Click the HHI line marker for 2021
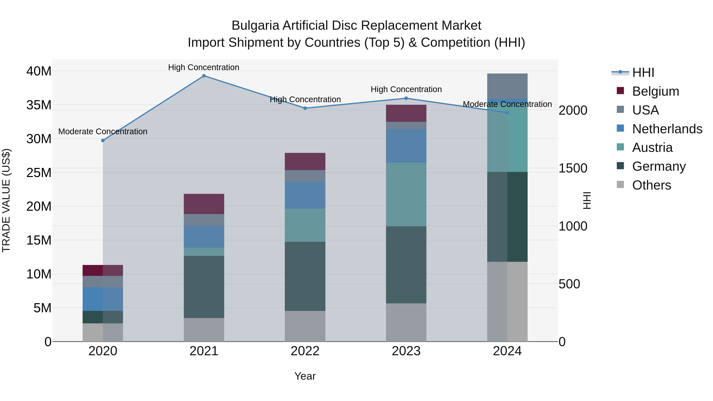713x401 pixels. tap(204, 76)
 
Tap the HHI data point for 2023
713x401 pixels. tap(406, 98)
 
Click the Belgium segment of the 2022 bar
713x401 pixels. tap(305, 161)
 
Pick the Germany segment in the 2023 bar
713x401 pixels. tap(406, 265)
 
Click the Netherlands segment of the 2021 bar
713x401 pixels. tap(204, 237)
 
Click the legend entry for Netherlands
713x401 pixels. tap(667, 129)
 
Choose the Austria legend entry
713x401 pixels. tap(652, 148)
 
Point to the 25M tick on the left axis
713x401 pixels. tap(39, 173)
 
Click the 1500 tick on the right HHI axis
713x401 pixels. tap(573, 168)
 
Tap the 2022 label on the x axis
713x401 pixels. tap(305, 351)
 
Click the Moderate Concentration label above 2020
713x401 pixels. tap(103, 131)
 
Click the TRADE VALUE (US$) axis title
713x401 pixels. tap(6, 200)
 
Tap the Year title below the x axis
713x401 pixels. tap(305, 376)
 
